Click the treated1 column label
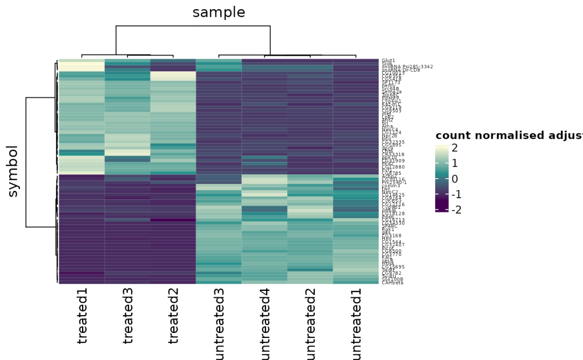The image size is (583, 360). click(82, 316)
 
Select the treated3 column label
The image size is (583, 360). click(128, 316)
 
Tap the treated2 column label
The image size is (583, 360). click(173, 316)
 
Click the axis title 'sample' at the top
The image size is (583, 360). click(219, 12)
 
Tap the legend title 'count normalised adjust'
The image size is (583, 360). click(509, 135)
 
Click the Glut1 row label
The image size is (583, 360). click(388, 60)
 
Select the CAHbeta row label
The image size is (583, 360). click(392, 282)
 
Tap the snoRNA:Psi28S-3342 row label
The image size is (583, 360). click(407, 66)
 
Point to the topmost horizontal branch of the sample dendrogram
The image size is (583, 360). click(193, 26)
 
